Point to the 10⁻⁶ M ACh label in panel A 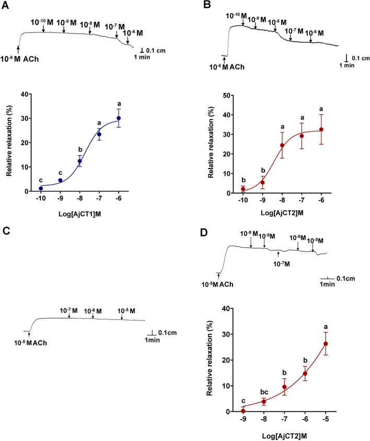(23, 59)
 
